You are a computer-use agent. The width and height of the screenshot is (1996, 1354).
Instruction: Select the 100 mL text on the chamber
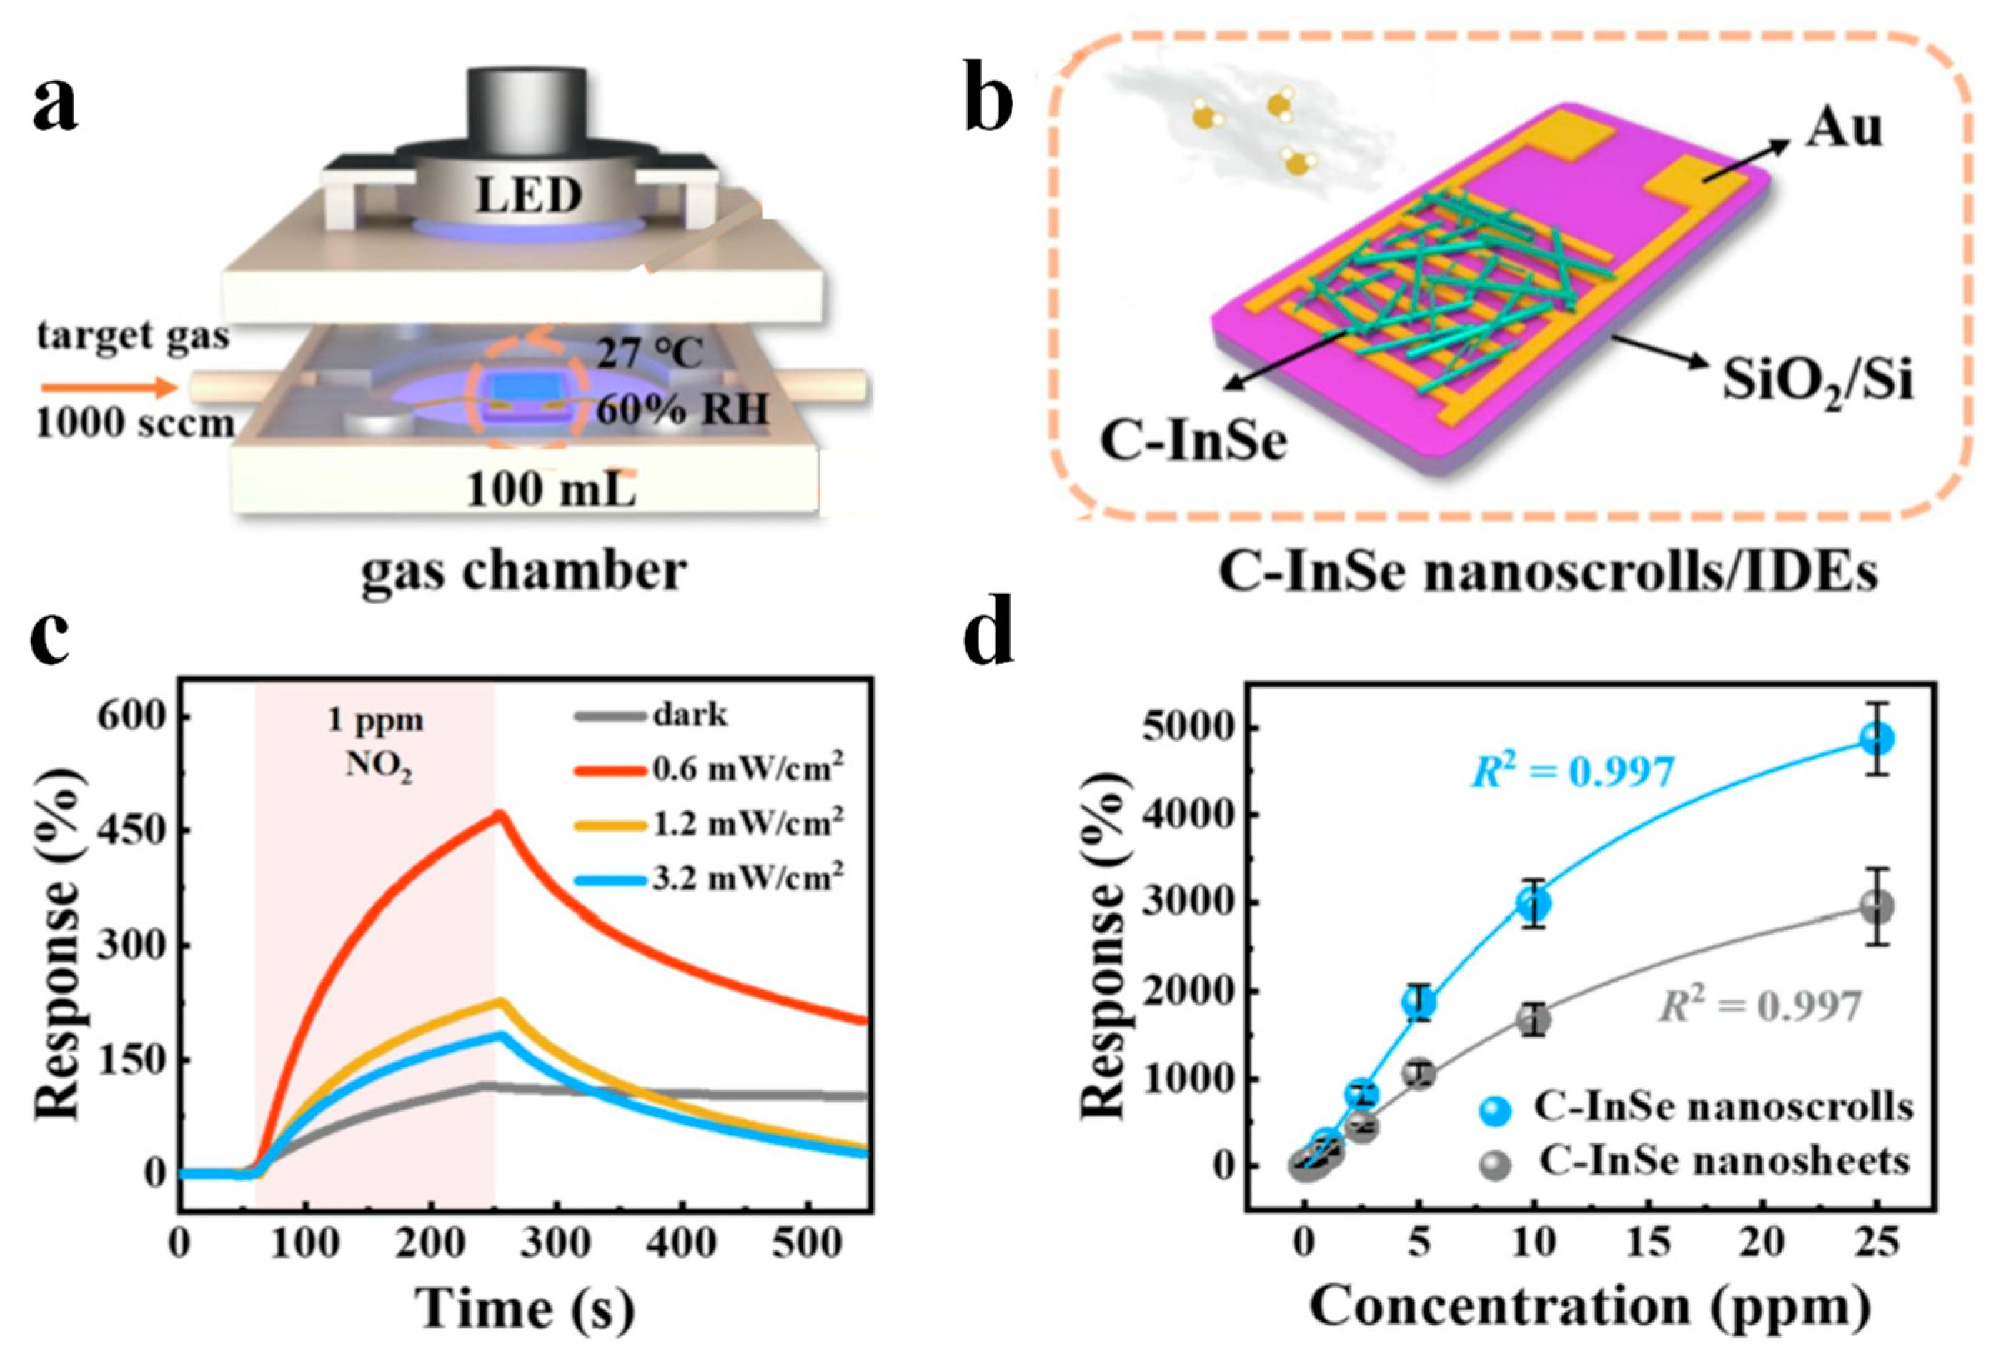(550, 489)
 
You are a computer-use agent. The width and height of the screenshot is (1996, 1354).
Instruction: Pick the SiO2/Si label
(1817, 383)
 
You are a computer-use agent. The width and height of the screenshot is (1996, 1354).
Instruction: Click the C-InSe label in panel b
(1194, 442)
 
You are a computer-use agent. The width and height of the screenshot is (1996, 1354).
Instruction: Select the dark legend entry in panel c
(689, 715)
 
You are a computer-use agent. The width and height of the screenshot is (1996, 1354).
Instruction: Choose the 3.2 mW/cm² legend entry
(745, 877)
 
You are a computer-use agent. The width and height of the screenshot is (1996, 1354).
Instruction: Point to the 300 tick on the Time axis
(558, 1243)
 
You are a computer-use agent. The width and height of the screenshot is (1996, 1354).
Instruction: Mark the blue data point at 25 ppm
(1877, 738)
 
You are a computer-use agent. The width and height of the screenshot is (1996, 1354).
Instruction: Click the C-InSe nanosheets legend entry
(1722, 1161)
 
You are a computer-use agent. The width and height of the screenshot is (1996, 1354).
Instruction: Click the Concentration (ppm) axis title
(1588, 1306)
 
